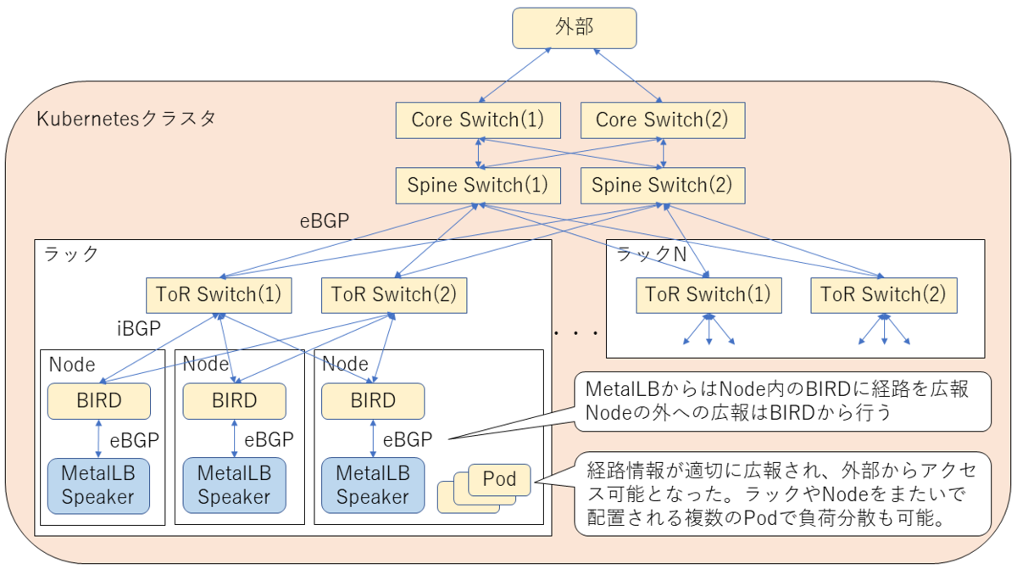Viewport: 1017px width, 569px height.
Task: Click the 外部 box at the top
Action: pyautogui.click(x=574, y=28)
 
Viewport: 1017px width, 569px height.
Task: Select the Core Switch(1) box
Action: pyautogui.click(x=478, y=120)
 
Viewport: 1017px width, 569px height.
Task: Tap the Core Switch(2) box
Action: pyautogui.click(x=662, y=120)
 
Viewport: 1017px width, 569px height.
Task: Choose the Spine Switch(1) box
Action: pyautogui.click(x=478, y=184)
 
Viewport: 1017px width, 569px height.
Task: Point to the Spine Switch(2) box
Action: pyautogui.click(x=662, y=184)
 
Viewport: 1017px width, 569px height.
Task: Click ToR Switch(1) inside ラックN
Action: pyautogui.click(x=709, y=295)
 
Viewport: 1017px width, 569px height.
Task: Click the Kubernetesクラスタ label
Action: pyautogui.click(x=126, y=118)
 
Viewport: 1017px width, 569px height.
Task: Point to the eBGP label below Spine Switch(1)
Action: pyautogui.click(x=325, y=222)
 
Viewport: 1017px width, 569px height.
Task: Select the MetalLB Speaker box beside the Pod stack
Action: pyautogui.click(x=373, y=485)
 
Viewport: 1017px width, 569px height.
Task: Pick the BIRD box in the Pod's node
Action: pyautogui.click(x=373, y=400)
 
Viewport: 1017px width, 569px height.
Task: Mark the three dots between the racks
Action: pyautogui.click(x=576, y=332)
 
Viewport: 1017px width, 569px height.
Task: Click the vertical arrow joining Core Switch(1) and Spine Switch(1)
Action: pyautogui.click(x=479, y=153)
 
